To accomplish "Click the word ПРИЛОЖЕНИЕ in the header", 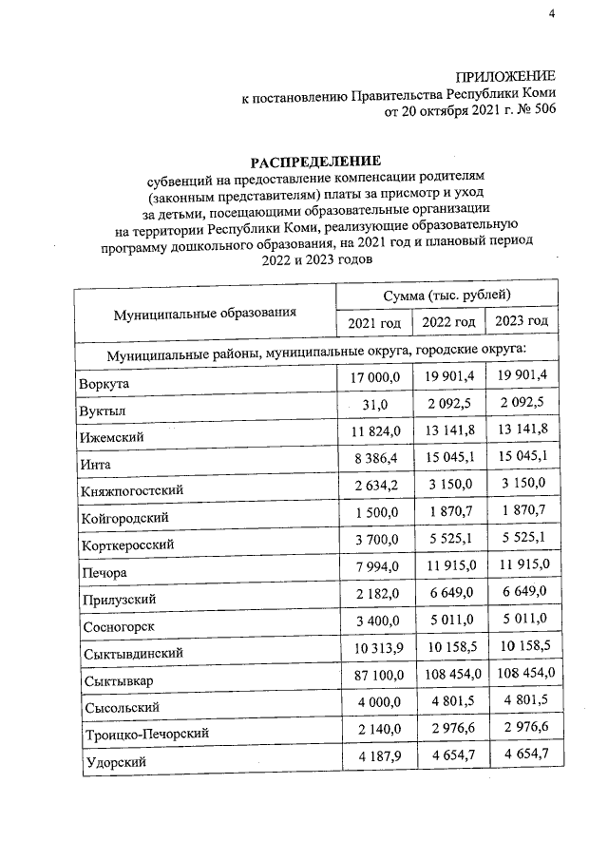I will [505, 75].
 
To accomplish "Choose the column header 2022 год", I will [447, 322].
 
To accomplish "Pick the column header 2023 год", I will [522, 321].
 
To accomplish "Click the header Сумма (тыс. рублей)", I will [447, 296].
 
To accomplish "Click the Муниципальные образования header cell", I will [205, 311].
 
